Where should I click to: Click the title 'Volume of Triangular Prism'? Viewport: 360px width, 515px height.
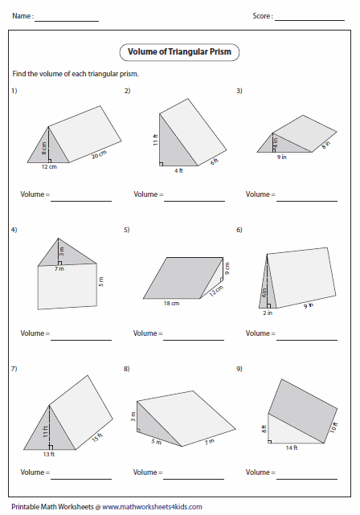click(x=180, y=53)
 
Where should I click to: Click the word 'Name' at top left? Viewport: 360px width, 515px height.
click(x=22, y=16)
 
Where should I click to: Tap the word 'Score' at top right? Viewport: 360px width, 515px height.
click(x=262, y=16)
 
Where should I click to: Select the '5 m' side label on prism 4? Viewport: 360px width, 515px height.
click(x=101, y=284)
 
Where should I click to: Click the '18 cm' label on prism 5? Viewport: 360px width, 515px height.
click(x=171, y=304)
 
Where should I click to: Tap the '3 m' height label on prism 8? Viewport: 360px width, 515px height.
click(x=133, y=415)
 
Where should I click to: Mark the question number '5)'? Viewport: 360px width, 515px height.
click(x=127, y=230)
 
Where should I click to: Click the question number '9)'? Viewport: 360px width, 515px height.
click(x=239, y=369)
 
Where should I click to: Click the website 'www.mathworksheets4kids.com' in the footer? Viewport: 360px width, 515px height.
click(x=152, y=507)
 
